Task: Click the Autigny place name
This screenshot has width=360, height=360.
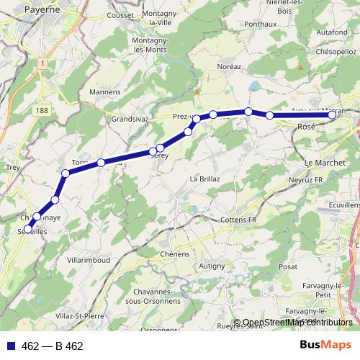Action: pyautogui.click(x=212, y=266)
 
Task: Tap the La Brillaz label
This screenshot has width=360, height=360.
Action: pyautogui.click(x=204, y=179)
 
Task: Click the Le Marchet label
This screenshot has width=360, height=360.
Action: pyautogui.click(x=325, y=163)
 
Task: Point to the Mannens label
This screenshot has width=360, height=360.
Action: pyautogui.click(x=105, y=92)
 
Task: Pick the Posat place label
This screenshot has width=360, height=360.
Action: pyautogui.click(x=288, y=266)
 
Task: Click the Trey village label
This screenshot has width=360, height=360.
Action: pyautogui.click(x=12, y=167)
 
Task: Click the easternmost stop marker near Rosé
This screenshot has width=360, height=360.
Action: pyautogui.click(x=332, y=115)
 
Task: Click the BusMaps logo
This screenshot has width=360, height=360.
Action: pyautogui.click(x=324, y=345)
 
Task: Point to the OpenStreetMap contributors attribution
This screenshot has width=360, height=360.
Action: pyautogui.click(x=297, y=323)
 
